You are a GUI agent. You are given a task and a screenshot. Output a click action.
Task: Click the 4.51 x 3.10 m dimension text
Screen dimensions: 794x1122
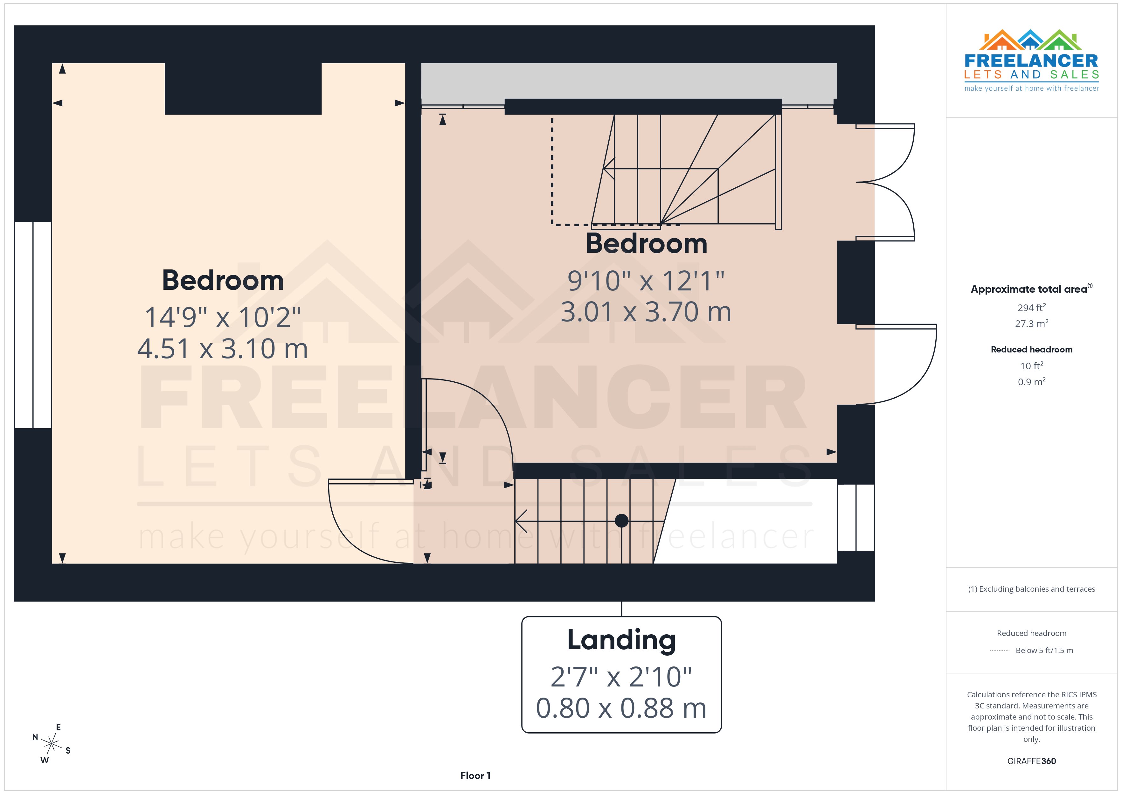tap(223, 349)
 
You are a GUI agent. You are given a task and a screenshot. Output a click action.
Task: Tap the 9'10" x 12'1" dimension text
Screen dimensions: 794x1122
tap(646, 281)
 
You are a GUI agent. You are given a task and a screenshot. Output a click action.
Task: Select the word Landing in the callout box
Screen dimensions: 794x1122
tap(621, 640)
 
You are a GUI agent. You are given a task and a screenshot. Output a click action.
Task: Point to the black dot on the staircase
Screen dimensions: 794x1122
tap(622, 521)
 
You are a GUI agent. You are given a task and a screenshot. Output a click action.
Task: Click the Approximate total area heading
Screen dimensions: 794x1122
tap(1029, 289)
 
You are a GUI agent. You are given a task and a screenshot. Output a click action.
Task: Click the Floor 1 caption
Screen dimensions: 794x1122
tap(475, 776)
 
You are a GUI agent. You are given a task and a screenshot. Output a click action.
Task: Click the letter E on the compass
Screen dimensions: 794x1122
tap(59, 728)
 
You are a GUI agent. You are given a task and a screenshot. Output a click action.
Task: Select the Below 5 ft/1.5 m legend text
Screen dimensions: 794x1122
tap(1044, 650)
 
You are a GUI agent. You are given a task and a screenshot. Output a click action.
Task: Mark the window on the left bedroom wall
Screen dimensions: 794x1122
tap(33, 325)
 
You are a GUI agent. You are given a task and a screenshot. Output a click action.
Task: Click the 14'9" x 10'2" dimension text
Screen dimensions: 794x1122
tap(223, 317)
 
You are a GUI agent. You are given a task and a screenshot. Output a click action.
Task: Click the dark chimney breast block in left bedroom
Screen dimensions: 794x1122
tap(243, 89)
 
